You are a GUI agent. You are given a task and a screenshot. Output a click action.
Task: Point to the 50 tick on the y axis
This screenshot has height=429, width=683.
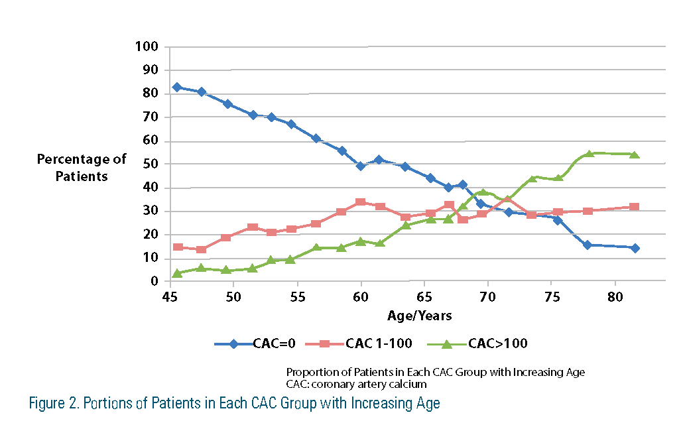coord(151,164)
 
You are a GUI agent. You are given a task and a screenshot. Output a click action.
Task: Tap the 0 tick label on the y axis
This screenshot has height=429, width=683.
coord(155,281)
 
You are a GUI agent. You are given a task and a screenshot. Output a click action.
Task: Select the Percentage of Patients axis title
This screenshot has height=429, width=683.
coord(82,168)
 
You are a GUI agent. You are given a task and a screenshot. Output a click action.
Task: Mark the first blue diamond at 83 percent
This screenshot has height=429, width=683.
coord(177,87)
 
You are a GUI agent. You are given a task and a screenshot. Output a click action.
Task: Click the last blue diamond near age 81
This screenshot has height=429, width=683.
coord(635,248)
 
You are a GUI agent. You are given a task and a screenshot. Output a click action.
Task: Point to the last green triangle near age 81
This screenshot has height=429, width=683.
coord(635,154)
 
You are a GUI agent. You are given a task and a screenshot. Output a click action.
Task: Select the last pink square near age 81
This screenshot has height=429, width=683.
coord(635,207)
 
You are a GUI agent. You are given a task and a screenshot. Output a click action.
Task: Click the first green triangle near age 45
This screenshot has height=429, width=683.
coord(177,273)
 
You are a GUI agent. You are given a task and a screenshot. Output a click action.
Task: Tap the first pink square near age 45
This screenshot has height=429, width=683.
coord(177,247)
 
